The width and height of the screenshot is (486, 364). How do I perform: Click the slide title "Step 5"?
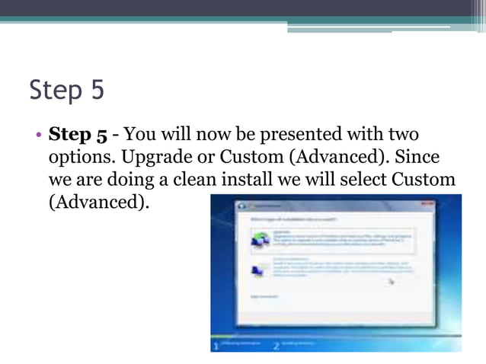(x=66, y=91)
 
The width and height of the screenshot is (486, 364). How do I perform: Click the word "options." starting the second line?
(x=78, y=158)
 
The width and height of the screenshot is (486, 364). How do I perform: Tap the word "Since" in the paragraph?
(x=417, y=158)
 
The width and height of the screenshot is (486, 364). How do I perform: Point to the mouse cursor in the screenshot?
(x=392, y=281)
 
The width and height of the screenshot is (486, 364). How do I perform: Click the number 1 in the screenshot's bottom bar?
(x=216, y=346)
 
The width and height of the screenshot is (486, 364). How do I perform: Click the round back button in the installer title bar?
(x=241, y=206)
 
